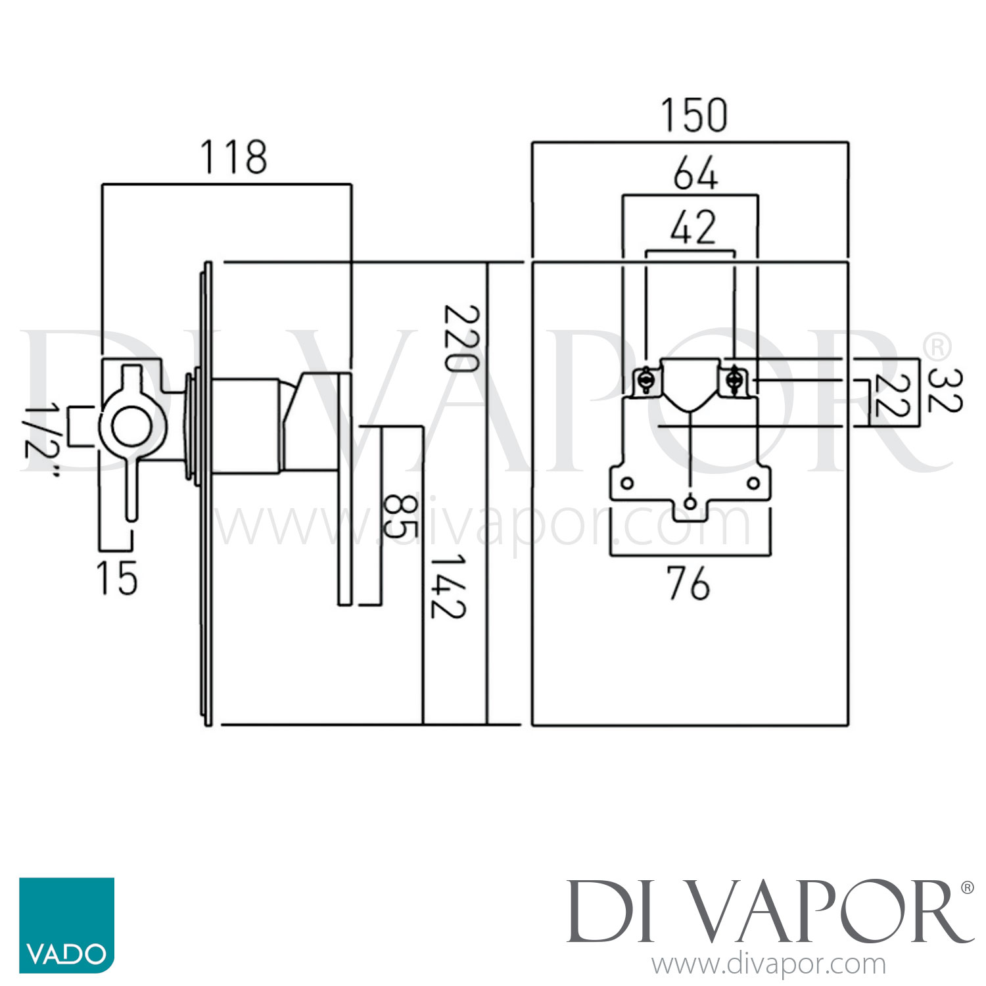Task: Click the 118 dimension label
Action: [234, 158]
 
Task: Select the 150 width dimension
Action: [694, 116]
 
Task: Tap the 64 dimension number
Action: [695, 174]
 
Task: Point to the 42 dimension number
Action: [693, 227]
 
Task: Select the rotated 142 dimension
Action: [448, 586]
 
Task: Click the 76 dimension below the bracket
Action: [688, 584]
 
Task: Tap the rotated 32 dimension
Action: [945, 390]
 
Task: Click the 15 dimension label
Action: [117, 578]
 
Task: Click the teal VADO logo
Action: [66, 925]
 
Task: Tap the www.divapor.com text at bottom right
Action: [768, 965]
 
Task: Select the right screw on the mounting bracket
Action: [734, 380]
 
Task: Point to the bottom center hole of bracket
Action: [690, 504]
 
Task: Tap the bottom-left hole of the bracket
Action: [627, 484]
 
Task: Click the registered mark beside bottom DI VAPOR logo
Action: [967, 888]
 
